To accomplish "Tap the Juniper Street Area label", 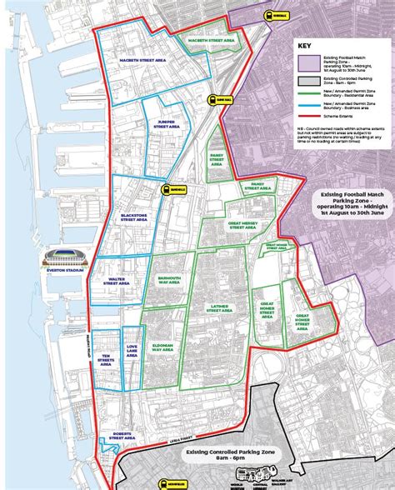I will coord(163,124).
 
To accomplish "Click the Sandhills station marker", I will coord(168,188).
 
